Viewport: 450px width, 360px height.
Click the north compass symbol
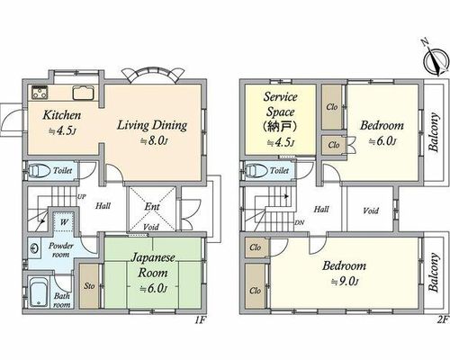point(436,60)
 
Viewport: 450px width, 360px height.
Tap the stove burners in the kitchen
point(40,93)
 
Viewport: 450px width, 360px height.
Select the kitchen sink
point(84,93)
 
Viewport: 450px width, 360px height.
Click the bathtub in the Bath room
point(39,292)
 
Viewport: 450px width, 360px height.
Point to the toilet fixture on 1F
point(39,171)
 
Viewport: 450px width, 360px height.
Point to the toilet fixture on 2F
point(256,171)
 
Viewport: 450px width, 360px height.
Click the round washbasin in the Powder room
point(33,247)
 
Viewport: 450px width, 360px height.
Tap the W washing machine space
point(63,221)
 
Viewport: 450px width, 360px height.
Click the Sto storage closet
point(89,285)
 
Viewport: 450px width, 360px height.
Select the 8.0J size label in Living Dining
point(153,140)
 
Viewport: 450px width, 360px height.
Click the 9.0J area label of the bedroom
point(345,282)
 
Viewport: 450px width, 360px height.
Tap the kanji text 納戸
point(280,126)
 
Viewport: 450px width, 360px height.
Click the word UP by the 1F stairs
point(82,197)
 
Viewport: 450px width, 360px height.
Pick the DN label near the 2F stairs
point(299,222)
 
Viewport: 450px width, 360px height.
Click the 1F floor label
point(200,320)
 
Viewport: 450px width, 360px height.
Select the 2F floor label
point(442,319)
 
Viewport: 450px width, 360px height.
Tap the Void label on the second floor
point(371,211)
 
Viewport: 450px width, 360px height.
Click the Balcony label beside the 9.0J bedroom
point(434,273)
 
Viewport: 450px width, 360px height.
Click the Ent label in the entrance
point(152,206)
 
